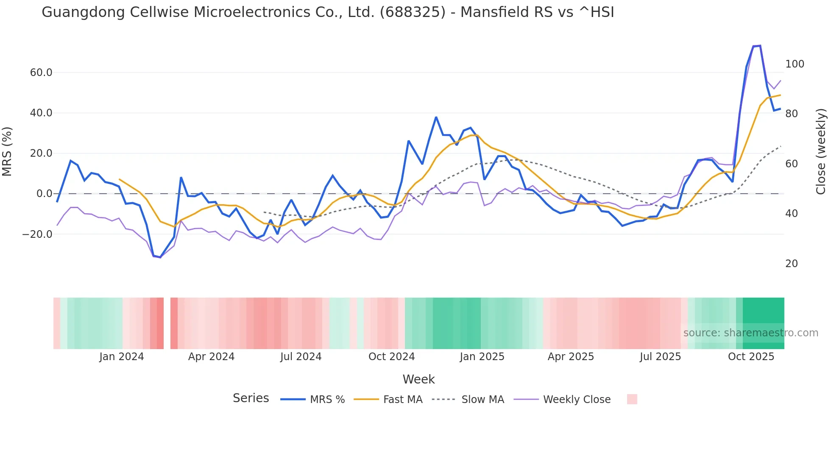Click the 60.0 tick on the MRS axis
(x=41, y=73)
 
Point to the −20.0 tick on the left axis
(x=37, y=234)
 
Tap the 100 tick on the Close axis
(x=795, y=64)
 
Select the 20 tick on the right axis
(x=792, y=264)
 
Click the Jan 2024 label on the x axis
(x=122, y=357)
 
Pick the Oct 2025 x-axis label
(x=751, y=357)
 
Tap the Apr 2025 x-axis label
(x=571, y=357)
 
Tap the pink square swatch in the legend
(x=632, y=399)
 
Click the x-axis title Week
(x=418, y=379)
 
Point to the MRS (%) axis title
(x=7, y=151)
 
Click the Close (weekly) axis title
(x=821, y=151)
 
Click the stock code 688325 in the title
(x=413, y=12)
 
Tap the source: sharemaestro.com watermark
(x=750, y=333)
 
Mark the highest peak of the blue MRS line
(x=760, y=45)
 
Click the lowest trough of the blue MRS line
(x=160, y=257)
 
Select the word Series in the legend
(x=251, y=398)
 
